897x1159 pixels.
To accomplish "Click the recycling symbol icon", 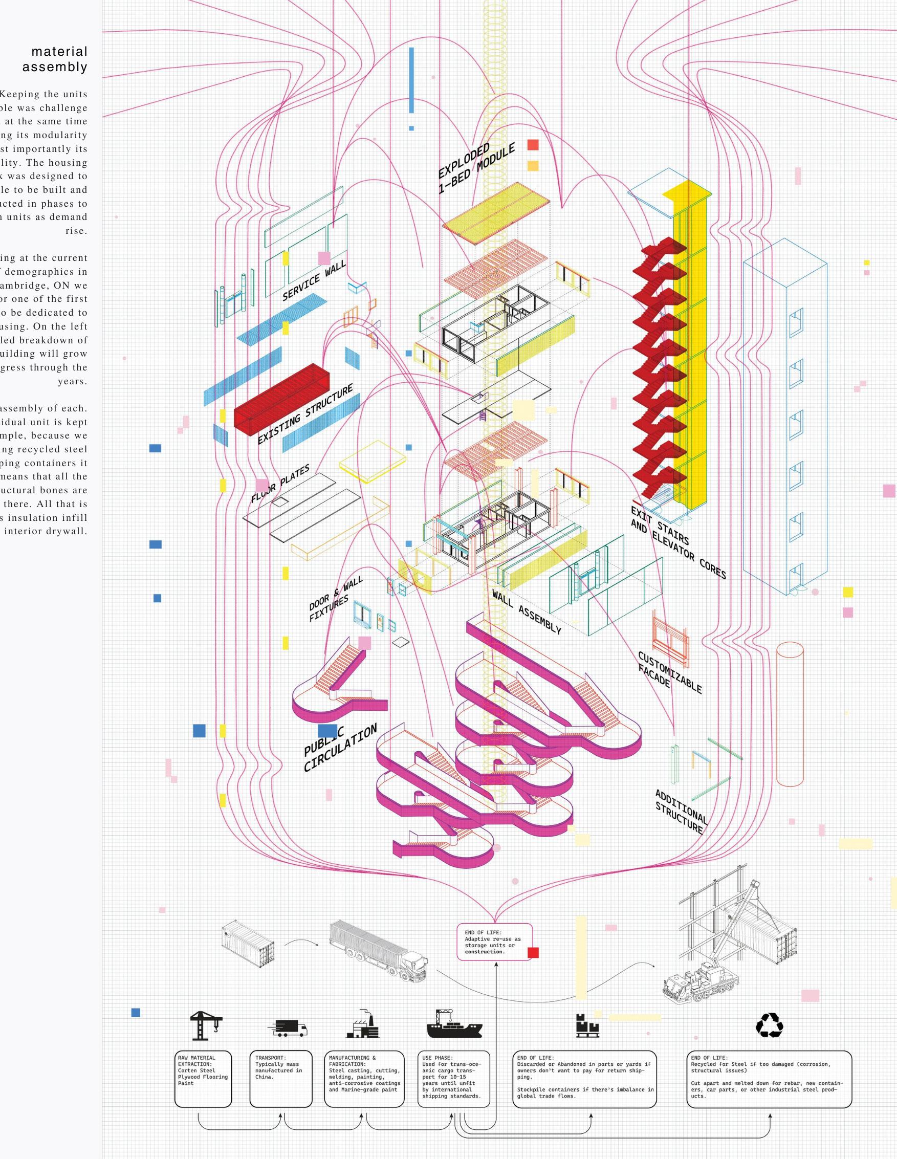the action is (769, 1025).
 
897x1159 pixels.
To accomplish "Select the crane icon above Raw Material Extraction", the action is (205, 1025).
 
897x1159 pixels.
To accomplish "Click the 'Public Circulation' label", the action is (340, 747).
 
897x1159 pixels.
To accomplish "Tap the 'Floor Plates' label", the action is (280, 484).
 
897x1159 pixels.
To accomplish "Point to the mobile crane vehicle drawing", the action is (695, 982).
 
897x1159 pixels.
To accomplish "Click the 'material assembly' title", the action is (55, 59).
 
